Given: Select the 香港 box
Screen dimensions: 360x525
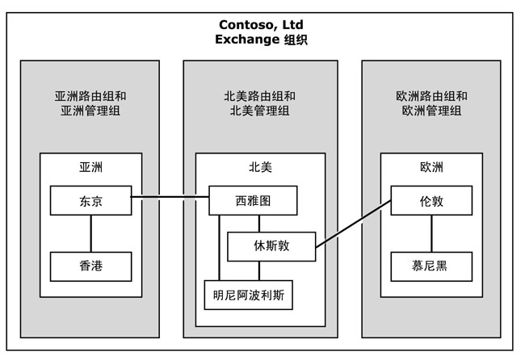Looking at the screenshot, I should point(90,266).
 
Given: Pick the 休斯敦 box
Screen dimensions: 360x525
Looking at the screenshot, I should point(271,246).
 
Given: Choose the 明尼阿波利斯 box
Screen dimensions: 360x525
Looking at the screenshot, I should point(248,294).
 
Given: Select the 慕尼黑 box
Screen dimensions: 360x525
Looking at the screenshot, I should point(432,266).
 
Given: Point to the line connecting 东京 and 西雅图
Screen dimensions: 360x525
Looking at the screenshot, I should point(170,196).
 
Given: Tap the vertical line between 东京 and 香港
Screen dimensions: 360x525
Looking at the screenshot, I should point(90,233).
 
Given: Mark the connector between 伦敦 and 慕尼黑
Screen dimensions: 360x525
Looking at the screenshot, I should point(432,233).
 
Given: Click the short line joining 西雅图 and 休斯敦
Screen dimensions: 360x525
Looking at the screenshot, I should point(258,224).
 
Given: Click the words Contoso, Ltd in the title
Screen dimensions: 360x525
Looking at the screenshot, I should point(262,23).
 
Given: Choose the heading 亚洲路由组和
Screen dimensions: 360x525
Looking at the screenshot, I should point(90,96).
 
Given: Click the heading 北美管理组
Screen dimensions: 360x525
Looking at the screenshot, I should point(259,111).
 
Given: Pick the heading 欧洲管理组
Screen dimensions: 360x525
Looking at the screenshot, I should point(432,111).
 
